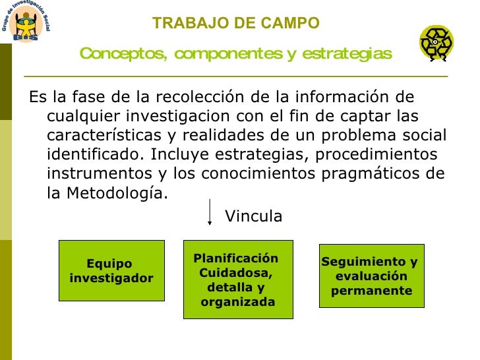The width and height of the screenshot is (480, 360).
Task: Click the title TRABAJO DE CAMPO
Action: pyautogui.click(x=235, y=24)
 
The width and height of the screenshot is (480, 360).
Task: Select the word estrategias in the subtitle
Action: pyautogui.click(x=347, y=53)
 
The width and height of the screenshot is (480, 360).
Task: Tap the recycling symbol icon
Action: pyautogui.click(x=436, y=44)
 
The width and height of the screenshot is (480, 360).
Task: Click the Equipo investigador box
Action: pyautogui.click(x=111, y=271)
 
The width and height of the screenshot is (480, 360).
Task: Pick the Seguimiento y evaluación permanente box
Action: pyautogui.click(x=371, y=276)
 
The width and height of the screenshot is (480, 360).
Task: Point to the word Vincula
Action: pyautogui.click(x=254, y=216)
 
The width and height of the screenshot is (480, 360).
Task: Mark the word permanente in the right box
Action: pyautogui.click(x=372, y=291)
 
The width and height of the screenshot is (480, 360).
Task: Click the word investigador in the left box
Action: pyautogui.click(x=111, y=278)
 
